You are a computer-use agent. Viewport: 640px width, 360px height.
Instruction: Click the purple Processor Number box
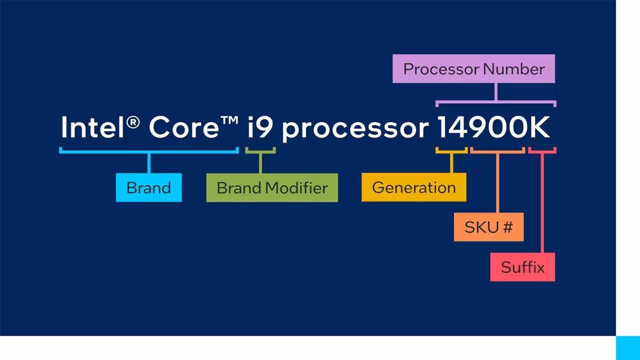[473, 68]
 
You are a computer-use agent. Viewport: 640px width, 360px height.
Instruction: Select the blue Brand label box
[148, 187]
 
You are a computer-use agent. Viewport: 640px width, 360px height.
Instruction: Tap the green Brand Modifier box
[272, 187]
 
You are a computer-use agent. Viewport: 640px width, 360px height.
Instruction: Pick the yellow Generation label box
[413, 187]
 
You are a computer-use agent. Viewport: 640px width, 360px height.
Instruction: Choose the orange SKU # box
[488, 227]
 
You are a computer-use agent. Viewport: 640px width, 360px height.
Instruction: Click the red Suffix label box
[522, 267]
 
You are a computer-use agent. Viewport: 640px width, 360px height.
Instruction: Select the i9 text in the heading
[260, 127]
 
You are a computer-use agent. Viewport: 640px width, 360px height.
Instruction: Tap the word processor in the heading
[355, 129]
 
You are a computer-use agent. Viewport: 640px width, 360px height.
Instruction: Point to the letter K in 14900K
[539, 127]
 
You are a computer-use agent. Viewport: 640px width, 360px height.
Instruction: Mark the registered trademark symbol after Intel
[133, 121]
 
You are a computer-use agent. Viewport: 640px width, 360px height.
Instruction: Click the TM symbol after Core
[229, 121]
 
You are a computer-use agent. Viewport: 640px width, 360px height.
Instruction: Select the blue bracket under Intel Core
[148, 150]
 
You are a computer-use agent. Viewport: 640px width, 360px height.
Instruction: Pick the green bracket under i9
[260, 150]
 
